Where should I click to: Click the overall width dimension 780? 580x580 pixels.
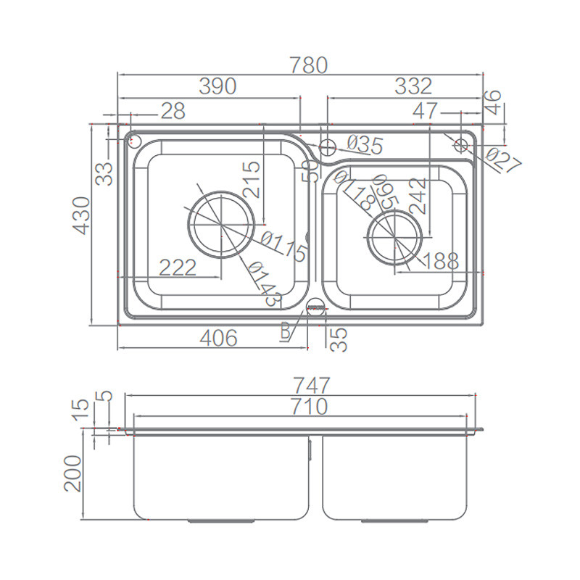309,65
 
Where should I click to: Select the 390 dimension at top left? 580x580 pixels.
217,86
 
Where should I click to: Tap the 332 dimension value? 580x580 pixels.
413,86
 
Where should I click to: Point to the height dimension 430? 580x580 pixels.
81,215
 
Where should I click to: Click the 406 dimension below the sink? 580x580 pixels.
218,338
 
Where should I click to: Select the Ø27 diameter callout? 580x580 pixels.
504,160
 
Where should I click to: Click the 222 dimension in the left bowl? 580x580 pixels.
178,268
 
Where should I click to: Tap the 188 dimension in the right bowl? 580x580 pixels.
440,261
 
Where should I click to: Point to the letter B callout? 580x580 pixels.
285,331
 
